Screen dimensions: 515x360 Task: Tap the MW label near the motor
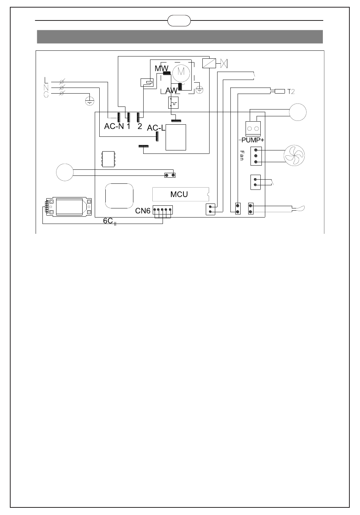161,68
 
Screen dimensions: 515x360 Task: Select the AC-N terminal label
114,127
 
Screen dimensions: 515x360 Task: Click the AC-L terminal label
156,128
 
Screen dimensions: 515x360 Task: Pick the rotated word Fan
241,155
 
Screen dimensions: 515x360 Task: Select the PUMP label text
252,140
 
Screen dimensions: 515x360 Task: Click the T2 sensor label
291,91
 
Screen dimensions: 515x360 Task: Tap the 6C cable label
108,221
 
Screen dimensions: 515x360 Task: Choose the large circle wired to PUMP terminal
298,112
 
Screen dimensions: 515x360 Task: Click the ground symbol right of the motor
200,90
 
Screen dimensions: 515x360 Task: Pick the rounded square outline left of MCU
119,196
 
